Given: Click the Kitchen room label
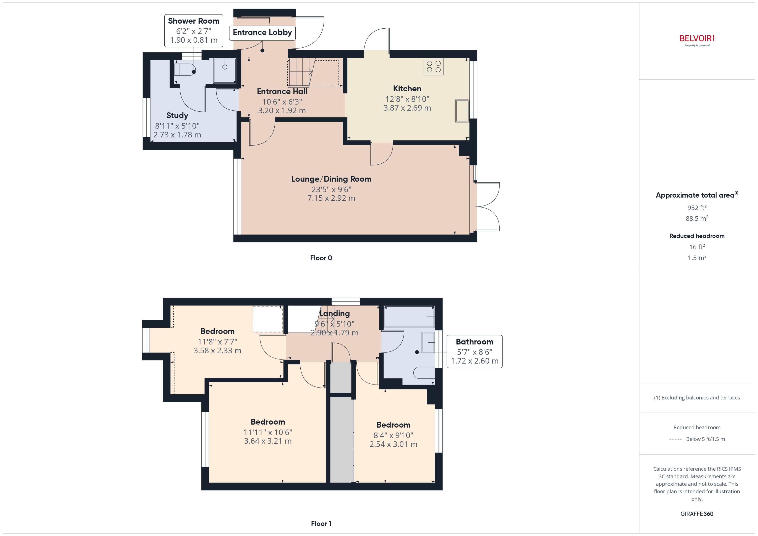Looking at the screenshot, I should (x=407, y=89).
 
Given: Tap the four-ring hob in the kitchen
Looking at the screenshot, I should (x=433, y=66).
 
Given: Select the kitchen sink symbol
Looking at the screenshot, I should (x=462, y=111).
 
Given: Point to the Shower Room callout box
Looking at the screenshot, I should (x=194, y=30).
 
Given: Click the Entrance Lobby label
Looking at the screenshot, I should (x=262, y=32).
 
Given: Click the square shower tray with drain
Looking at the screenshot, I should (x=225, y=71).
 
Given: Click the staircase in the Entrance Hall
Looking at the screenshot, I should (x=300, y=72).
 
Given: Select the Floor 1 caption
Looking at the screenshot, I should (x=321, y=523).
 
